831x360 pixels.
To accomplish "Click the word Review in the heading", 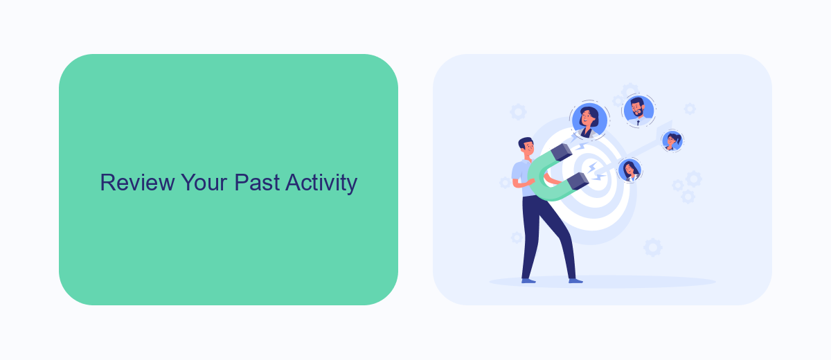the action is coord(137,182).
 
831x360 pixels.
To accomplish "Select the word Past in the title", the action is coord(257,182).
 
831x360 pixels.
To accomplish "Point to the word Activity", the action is coord(321,183).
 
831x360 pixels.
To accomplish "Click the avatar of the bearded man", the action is coord(638,111).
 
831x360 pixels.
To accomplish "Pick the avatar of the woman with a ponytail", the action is coord(672,141).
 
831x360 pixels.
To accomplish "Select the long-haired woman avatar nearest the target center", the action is coord(629,170).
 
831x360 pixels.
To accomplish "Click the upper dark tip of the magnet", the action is coord(562,152).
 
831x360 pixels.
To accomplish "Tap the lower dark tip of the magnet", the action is coord(578,181).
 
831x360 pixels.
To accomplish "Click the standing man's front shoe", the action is coord(575,281).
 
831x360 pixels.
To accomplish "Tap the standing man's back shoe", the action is coord(528,281).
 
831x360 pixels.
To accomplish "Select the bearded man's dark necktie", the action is coord(638,123).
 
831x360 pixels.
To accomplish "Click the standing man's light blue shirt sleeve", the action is coord(517,172).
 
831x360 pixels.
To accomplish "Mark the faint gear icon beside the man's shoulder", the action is coord(506,182).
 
